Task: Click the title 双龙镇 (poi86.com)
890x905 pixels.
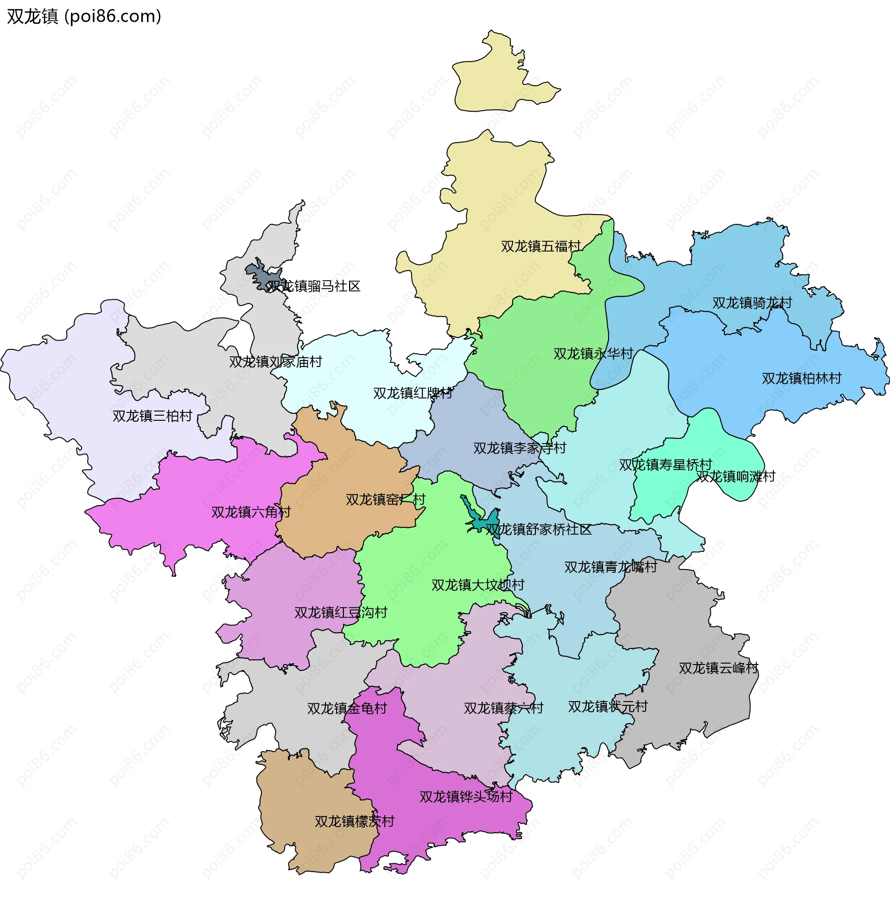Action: click(x=84, y=16)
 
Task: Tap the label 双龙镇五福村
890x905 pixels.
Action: click(x=541, y=246)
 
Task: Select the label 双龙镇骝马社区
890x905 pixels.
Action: click(x=314, y=286)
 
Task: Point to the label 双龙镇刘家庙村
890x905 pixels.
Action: click(x=275, y=361)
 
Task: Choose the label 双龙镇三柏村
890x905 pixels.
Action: click(x=153, y=416)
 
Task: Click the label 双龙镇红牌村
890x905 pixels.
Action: click(x=413, y=393)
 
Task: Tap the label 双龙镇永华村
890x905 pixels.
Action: click(x=593, y=354)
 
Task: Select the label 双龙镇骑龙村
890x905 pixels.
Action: click(x=752, y=303)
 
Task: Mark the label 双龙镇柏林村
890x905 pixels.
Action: click(x=801, y=378)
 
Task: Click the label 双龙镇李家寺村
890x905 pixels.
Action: click(x=519, y=448)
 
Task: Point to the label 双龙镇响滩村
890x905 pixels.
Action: click(x=736, y=476)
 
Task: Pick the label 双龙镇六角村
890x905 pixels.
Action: click(x=251, y=512)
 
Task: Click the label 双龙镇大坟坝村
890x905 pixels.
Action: click(x=478, y=584)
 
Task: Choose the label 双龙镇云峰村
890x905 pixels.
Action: click(x=718, y=668)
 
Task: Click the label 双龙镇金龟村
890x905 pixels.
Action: click(x=347, y=709)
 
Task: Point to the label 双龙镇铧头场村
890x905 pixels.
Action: click(x=466, y=797)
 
